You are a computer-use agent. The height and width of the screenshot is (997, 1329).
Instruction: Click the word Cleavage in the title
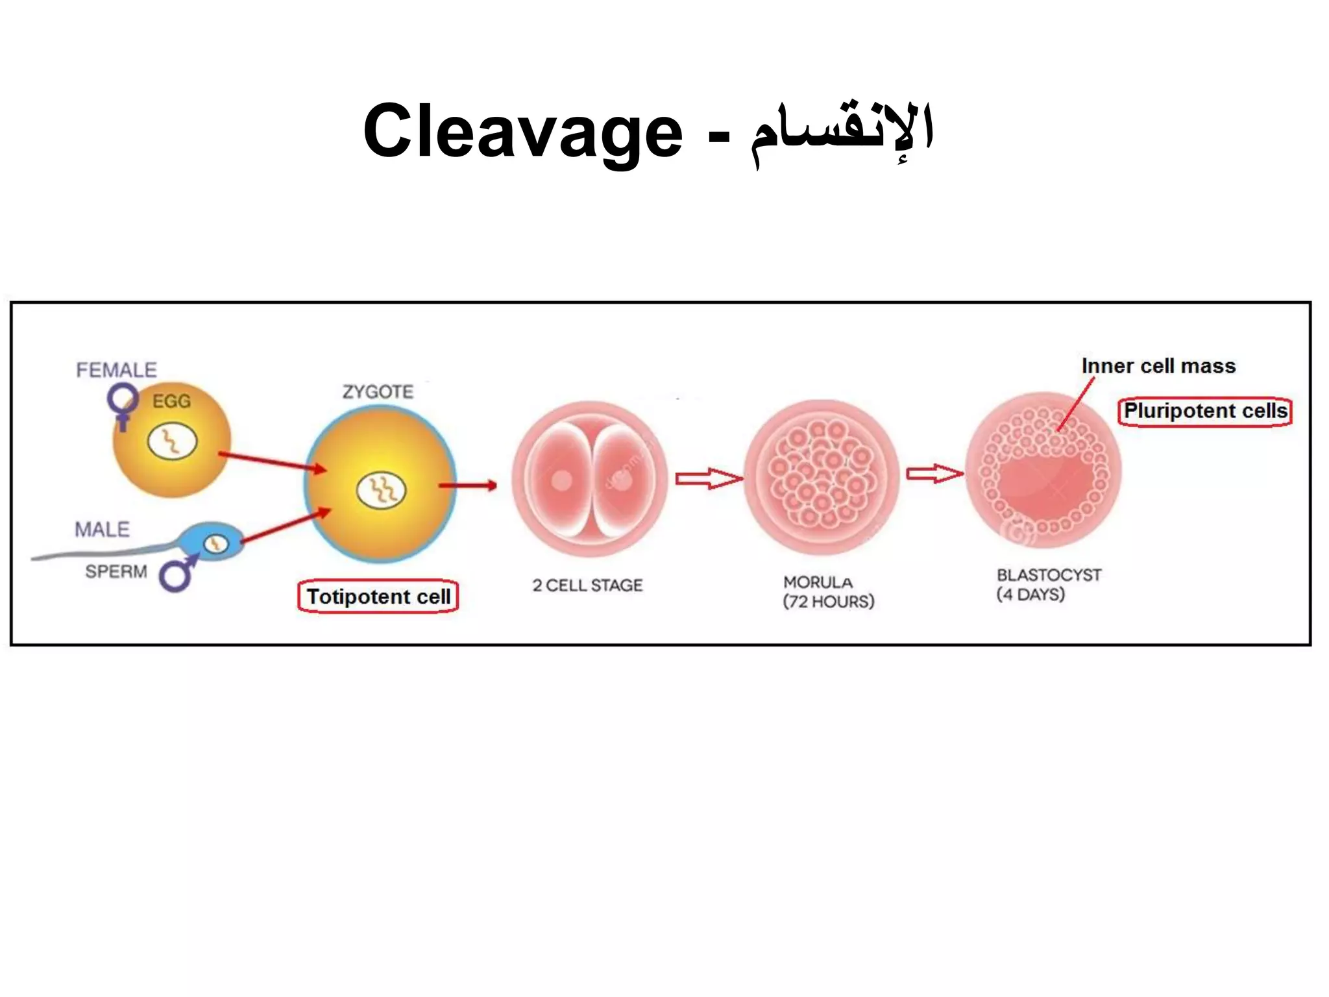click(x=522, y=132)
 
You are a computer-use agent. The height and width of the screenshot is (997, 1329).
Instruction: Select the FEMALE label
click(x=116, y=370)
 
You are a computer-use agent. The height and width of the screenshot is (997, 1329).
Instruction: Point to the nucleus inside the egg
click(x=172, y=442)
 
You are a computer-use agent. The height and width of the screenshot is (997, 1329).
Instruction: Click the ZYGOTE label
click(x=378, y=392)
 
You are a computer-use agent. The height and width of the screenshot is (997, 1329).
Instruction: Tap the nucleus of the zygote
click(x=382, y=490)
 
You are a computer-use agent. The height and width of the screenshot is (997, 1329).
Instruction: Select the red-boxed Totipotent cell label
click(x=378, y=597)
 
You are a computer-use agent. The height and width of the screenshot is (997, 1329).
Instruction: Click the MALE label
click(x=102, y=530)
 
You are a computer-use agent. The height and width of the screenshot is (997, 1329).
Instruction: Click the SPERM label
click(x=116, y=572)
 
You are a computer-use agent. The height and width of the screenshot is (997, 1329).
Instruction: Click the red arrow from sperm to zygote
click(x=286, y=525)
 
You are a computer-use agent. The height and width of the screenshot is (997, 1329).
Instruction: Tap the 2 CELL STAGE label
click(x=587, y=585)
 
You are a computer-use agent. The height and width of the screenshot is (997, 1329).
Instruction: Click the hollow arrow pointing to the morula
click(x=708, y=479)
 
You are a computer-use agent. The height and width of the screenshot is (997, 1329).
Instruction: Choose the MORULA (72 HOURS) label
click(x=828, y=591)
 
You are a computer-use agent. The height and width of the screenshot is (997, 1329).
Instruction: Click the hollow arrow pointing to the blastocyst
click(x=934, y=474)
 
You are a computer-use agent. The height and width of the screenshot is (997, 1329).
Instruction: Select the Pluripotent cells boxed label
click(x=1205, y=412)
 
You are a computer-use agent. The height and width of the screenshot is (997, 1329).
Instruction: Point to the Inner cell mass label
click(x=1158, y=366)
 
